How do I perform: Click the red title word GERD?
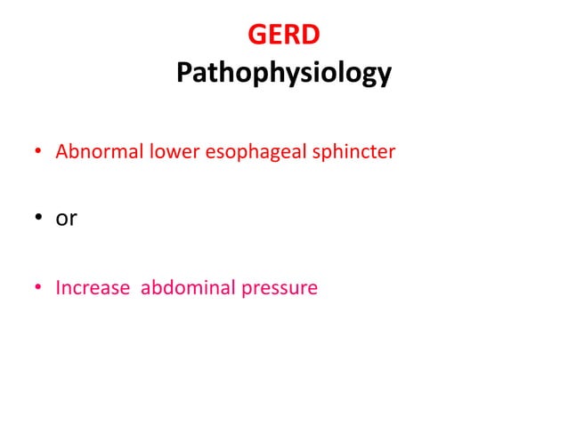(283, 36)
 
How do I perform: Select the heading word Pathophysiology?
(283, 73)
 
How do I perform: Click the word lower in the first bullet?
(170, 152)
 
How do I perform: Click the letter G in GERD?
(256, 36)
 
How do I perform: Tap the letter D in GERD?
(310, 36)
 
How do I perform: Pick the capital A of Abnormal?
(61, 152)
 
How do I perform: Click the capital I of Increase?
(58, 288)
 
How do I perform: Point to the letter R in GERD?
(291, 36)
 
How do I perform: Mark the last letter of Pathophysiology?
(384, 76)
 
